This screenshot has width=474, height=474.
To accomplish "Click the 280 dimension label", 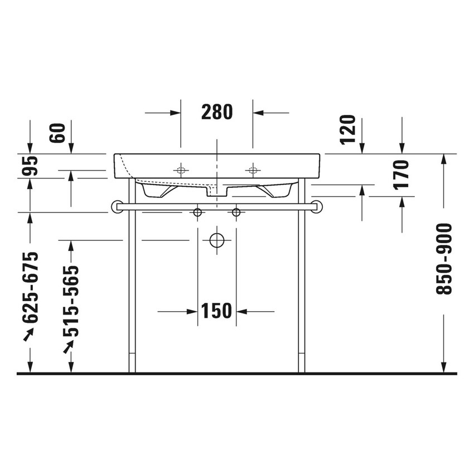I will tap(216, 113).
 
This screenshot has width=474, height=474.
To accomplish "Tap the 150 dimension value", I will tap(216, 311).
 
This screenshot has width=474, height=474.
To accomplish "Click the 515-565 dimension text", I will tap(71, 301).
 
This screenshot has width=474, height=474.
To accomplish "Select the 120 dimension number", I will tap(348, 129).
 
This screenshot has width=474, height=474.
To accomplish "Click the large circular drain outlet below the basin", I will tap(216, 240).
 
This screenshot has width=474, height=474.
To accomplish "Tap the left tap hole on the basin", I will tap(181, 170).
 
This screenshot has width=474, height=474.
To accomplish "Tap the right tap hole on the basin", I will tap(253, 170).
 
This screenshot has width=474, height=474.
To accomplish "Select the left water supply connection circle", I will tap(197, 212).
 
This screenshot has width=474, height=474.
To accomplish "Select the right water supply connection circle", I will tap(236, 212).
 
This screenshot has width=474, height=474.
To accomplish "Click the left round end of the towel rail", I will tap(118, 206).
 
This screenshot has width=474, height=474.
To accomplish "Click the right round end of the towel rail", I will tap(316, 206).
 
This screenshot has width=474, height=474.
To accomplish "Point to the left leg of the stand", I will tap(132, 279).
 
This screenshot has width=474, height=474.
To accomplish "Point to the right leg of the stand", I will tap(301, 279).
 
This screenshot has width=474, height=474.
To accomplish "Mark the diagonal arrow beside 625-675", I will tap(28, 333).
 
